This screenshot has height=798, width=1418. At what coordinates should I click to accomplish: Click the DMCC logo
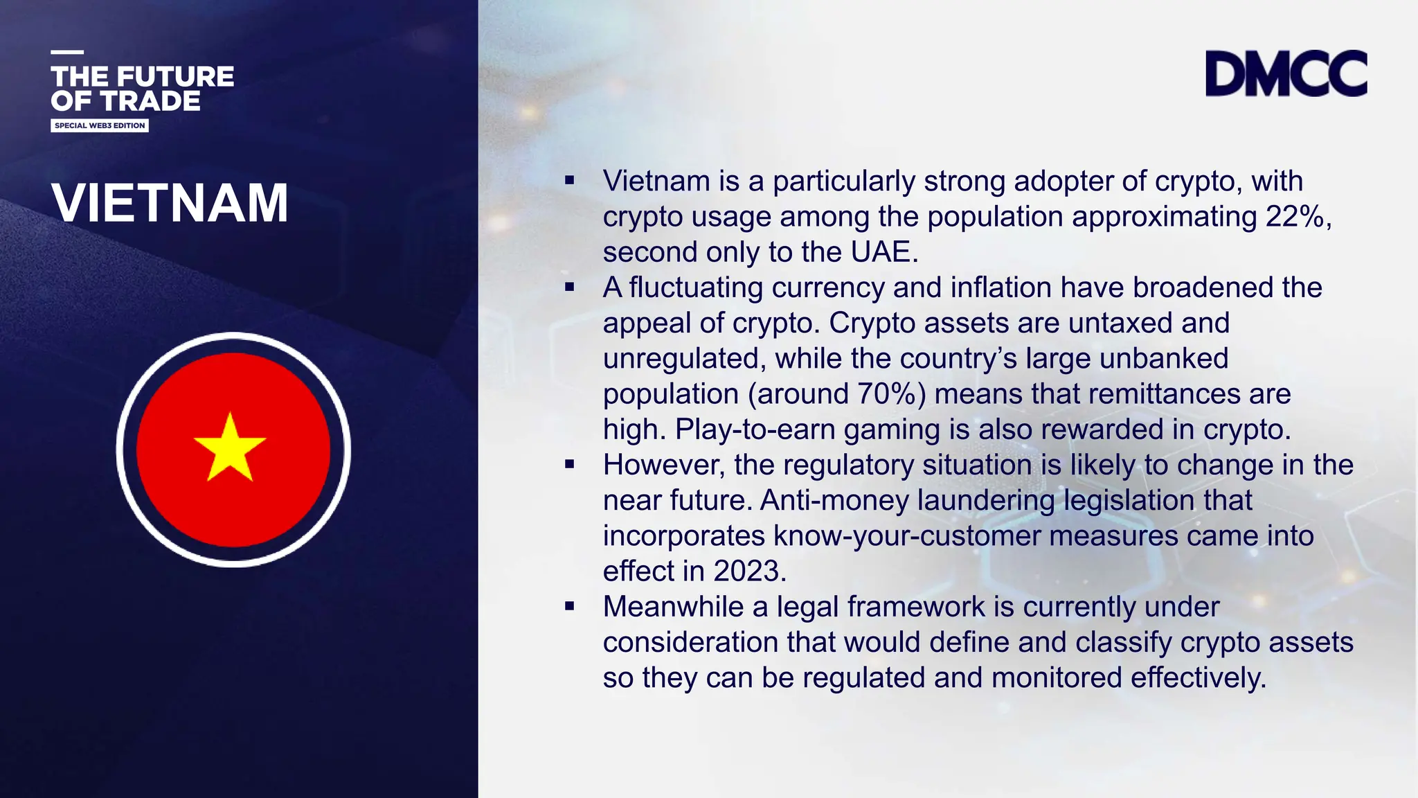[x=1286, y=73]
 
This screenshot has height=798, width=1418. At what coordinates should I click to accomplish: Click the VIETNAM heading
[x=170, y=203]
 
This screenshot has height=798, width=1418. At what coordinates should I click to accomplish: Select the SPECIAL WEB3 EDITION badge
[x=100, y=125]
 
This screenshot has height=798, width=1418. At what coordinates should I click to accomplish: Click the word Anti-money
[x=834, y=501]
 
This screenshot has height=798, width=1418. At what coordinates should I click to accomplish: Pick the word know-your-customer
[x=907, y=536]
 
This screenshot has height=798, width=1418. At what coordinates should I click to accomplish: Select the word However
[x=663, y=465]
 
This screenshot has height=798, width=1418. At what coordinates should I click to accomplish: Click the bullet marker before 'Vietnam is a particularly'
[x=570, y=181]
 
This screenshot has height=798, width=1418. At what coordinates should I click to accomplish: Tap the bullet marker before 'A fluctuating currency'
[x=570, y=287]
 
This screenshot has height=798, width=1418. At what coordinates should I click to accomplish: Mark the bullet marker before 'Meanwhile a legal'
[x=570, y=607]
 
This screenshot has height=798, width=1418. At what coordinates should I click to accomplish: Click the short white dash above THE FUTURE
[x=67, y=52]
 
